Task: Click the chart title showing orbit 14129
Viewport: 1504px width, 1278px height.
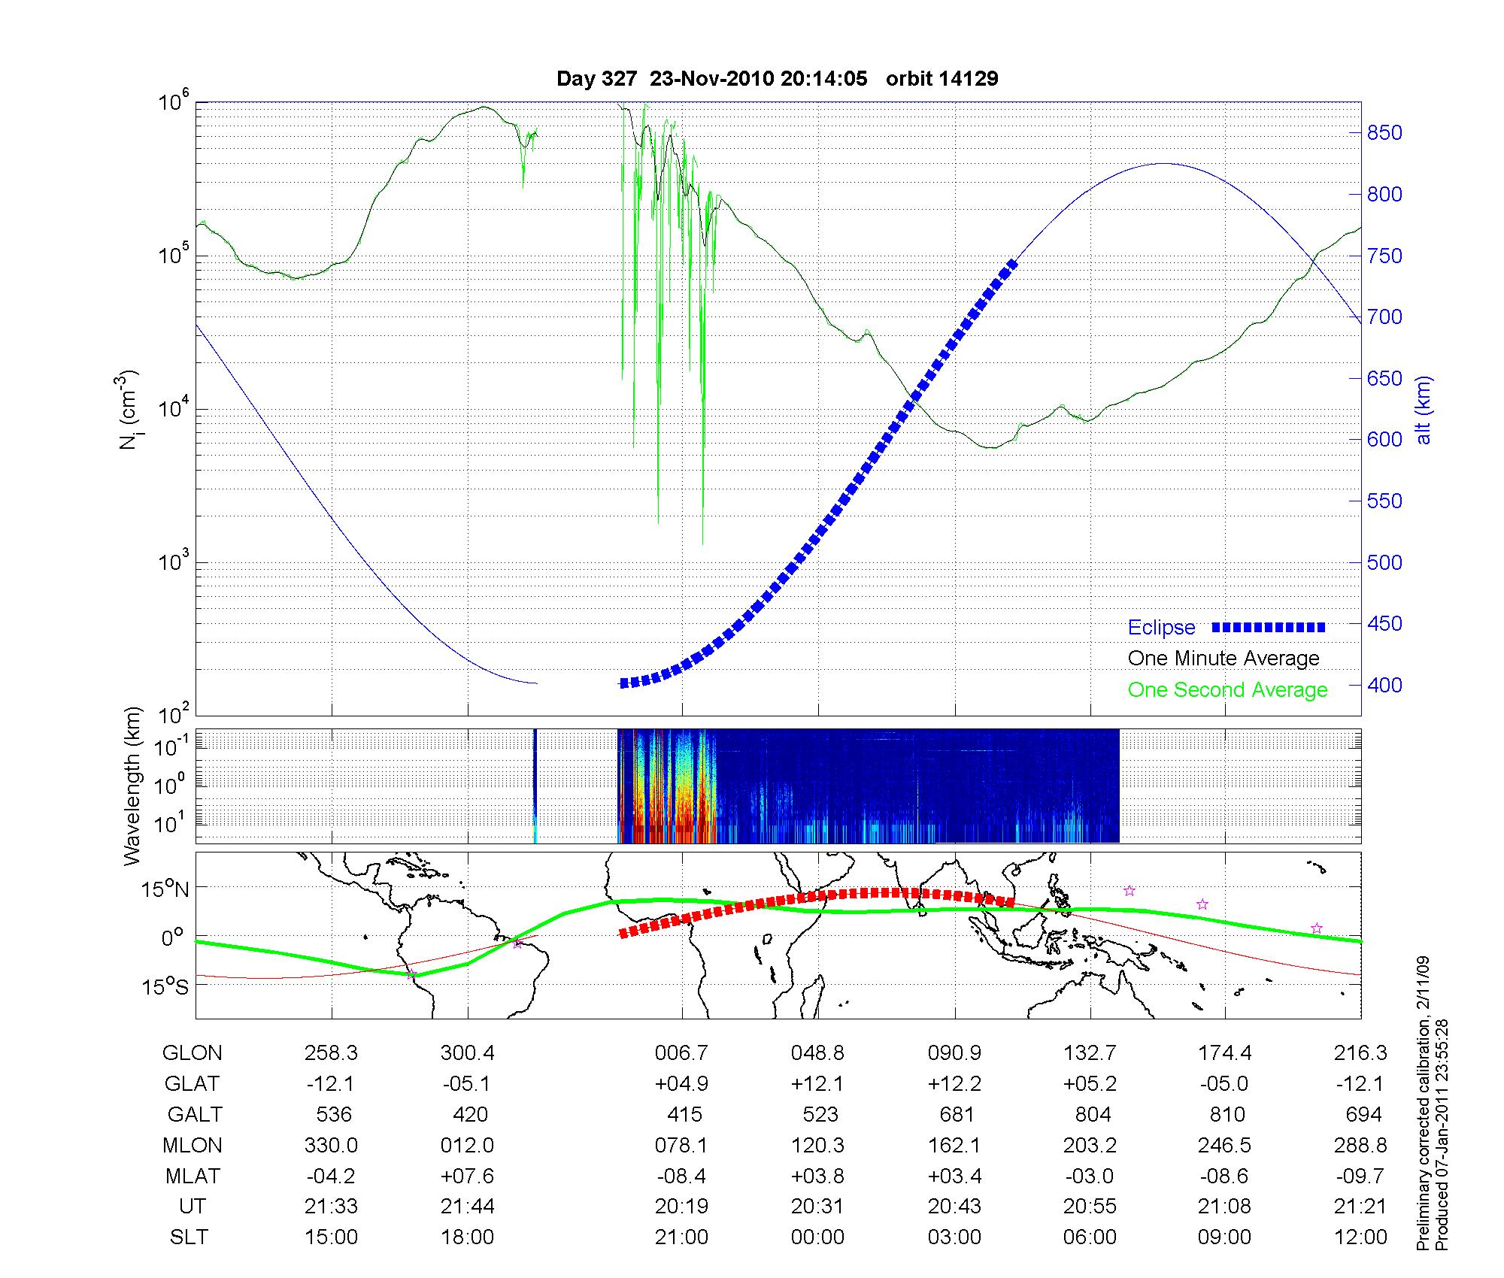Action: coord(777,79)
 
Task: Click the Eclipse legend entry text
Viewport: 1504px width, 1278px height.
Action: coord(1161,628)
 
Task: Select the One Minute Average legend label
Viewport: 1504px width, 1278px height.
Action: coord(1224,659)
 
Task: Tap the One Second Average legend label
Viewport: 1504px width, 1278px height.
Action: coord(1227,690)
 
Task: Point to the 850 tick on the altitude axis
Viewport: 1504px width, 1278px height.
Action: coord(1384,133)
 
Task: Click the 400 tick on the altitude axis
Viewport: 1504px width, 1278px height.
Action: coord(1384,686)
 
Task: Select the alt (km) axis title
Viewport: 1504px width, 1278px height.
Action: coord(1424,410)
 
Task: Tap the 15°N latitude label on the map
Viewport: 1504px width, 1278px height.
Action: coord(166,890)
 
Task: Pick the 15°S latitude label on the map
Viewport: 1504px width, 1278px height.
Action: coord(166,987)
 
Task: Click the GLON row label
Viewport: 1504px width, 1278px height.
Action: coord(192,1053)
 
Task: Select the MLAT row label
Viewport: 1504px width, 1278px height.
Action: coord(193,1176)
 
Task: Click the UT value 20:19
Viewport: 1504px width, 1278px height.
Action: coord(681,1207)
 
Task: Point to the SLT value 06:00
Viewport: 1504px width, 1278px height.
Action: coord(1090,1237)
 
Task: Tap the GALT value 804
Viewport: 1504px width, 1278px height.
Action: coord(1093,1114)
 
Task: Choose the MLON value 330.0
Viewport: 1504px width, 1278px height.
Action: coord(331,1145)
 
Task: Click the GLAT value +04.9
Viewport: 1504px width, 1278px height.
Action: coord(681,1083)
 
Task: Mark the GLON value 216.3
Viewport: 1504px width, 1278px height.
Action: coord(1360,1053)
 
